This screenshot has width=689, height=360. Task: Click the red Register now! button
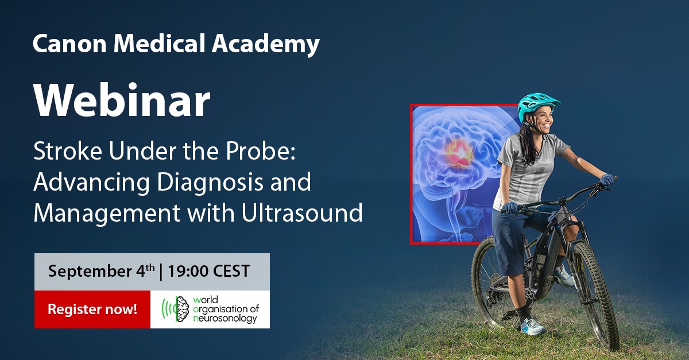point(92,309)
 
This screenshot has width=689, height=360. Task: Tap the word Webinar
point(122,100)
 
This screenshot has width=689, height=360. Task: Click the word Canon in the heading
point(69,44)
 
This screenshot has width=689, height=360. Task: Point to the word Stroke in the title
point(68,151)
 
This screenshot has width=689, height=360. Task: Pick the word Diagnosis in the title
point(210,183)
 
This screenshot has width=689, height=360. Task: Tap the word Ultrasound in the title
point(302,212)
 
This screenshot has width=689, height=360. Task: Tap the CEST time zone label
point(231,271)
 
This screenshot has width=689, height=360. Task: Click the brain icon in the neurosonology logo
point(183,309)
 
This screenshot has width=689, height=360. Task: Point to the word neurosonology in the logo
point(225,319)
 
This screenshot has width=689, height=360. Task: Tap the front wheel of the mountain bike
point(595,295)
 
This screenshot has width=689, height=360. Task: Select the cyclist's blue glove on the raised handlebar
point(606,180)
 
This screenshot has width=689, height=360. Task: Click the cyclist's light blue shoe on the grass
point(533,327)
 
